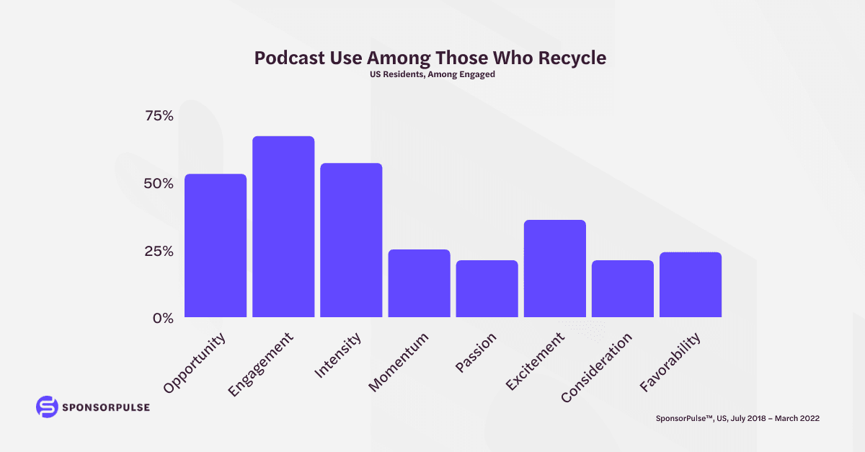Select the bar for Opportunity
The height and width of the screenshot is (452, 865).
(x=216, y=246)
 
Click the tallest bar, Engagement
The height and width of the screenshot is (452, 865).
(x=283, y=227)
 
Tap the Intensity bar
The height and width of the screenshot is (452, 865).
(x=351, y=240)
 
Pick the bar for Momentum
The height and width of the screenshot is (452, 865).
(x=419, y=283)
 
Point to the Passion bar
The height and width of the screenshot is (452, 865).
(x=487, y=289)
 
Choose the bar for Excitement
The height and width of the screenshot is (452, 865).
(x=554, y=269)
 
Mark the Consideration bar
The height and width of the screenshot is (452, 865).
(x=622, y=289)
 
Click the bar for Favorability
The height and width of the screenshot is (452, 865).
(x=690, y=285)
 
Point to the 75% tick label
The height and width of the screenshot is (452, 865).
(x=158, y=116)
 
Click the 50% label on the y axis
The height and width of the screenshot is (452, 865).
(x=158, y=183)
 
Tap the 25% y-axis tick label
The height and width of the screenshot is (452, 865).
(x=158, y=251)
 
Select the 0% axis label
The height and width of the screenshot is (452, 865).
(x=163, y=318)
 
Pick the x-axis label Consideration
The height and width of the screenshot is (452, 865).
(x=597, y=367)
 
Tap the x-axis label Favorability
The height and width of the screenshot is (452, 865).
(x=670, y=362)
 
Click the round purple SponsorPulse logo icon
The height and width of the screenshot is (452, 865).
(x=46, y=407)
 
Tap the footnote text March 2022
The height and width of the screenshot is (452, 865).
(x=797, y=418)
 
